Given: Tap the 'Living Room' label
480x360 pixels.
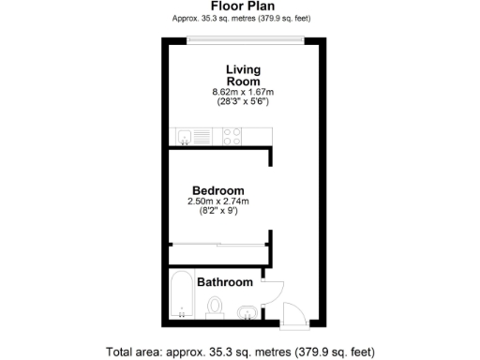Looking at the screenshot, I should click(x=243, y=75).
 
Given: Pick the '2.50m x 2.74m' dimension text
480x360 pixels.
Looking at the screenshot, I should click(x=218, y=201).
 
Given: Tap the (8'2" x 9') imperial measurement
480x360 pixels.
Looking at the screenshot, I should click(x=218, y=211).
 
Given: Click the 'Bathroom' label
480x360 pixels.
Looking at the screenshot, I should click(x=225, y=282).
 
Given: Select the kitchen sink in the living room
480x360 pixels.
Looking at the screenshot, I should click(x=184, y=137).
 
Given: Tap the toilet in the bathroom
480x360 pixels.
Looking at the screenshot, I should click(x=215, y=307).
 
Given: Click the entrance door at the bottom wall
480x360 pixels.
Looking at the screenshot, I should click(x=293, y=315).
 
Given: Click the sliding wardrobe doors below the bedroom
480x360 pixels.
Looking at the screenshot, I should click(x=218, y=245).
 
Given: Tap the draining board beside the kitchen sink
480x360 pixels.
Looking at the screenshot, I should click(x=201, y=137).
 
